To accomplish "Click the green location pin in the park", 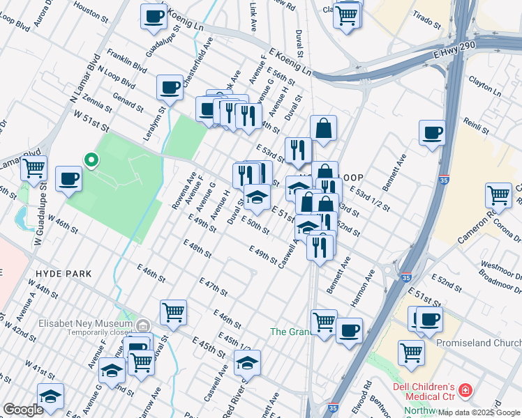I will [x=91, y=160].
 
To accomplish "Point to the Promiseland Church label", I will [x=478, y=343].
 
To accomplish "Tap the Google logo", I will [x=22, y=409].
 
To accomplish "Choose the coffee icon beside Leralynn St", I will [x=170, y=88].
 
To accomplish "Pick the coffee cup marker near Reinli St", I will [x=432, y=132].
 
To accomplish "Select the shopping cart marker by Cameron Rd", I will [x=498, y=196].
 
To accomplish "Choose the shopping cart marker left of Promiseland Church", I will [x=411, y=352].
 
